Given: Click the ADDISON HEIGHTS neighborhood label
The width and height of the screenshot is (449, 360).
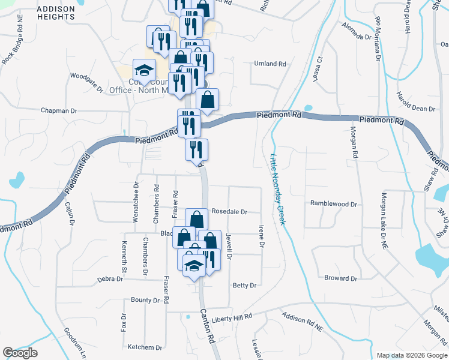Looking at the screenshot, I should pyautogui.click(x=55, y=13).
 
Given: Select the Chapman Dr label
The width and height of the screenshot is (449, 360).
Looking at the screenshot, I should pyautogui.click(x=59, y=111).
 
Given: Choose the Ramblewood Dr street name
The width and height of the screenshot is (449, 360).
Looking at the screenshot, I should pyautogui.click(x=333, y=204).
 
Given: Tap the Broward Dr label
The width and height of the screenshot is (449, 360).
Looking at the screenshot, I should pyautogui.click(x=340, y=278).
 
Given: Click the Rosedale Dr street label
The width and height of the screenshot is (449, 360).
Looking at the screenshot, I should pyautogui.click(x=229, y=212).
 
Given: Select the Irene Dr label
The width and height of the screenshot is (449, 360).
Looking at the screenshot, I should pyautogui.click(x=262, y=236).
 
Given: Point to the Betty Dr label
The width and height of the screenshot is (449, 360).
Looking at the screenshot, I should pyautogui.click(x=244, y=286).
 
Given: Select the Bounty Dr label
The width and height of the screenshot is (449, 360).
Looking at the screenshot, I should pyautogui.click(x=145, y=300).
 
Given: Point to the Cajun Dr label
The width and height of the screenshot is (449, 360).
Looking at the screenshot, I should pyautogui.click(x=70, y=213).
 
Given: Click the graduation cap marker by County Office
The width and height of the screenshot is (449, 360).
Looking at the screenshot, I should pyautogui.click(x=144, y=70).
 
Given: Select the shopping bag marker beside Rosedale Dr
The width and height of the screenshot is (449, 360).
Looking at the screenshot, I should pyautogui.click(x=196, y=220).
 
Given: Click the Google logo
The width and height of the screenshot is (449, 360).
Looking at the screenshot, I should pyautogui.click(x=20, y=353).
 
